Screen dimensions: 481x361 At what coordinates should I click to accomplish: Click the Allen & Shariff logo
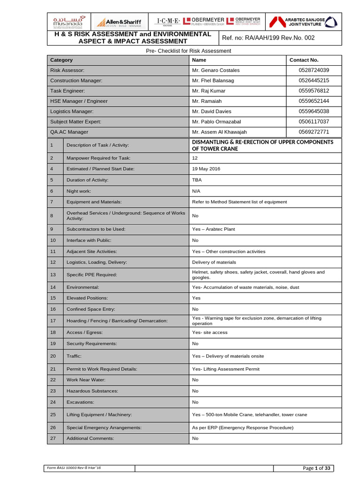[118, 22]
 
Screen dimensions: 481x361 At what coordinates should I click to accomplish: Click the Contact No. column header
[304, 60]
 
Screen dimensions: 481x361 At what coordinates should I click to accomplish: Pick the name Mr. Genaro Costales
[216, 70]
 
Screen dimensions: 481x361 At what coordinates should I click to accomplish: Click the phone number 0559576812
[314, 91]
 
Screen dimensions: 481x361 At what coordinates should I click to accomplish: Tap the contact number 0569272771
[314, 132]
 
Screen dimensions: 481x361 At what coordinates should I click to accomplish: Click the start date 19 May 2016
[206, 169]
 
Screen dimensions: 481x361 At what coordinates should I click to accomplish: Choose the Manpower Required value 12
[195, 158]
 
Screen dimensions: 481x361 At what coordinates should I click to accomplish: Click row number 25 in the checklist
[53, 415]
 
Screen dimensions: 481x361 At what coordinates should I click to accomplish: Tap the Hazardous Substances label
[92, 391]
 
